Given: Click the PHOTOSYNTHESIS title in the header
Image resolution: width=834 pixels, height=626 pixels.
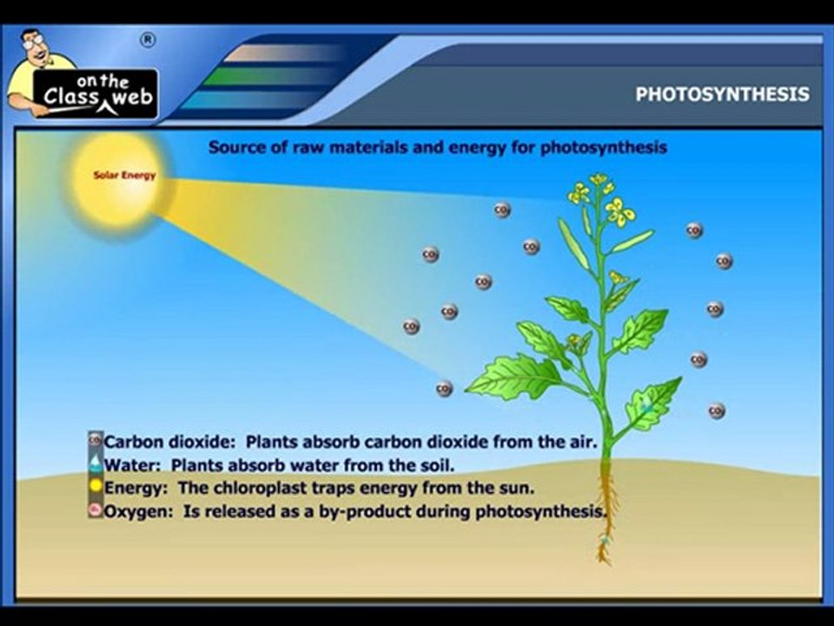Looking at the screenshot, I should click(722, 94).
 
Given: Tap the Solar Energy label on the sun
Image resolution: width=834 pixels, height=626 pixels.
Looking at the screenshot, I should click(124, 176).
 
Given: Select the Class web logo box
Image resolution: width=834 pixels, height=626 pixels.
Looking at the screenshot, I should click(96, 93).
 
